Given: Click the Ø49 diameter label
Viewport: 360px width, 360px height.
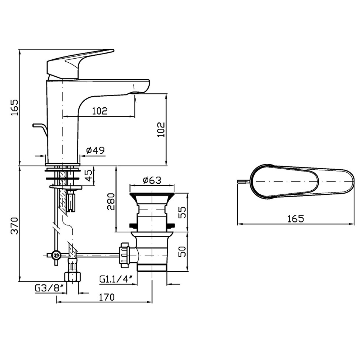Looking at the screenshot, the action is click(x=96, y=150).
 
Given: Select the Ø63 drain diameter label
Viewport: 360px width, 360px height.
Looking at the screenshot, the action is click(x=152, y=180).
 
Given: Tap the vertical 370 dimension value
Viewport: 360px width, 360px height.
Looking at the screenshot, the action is click(x=15, y=225).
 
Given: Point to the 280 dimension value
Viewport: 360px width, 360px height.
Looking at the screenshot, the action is click(x=111, y=202).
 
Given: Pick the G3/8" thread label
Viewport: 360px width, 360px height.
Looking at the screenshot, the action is click(x=49, y=288).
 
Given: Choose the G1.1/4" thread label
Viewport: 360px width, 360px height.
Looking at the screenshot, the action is click(x=116, y=279).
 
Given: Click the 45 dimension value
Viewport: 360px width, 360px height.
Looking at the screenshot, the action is click(x=89, y=176).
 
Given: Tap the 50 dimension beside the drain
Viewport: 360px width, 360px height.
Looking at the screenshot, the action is click(x=182, y=252).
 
